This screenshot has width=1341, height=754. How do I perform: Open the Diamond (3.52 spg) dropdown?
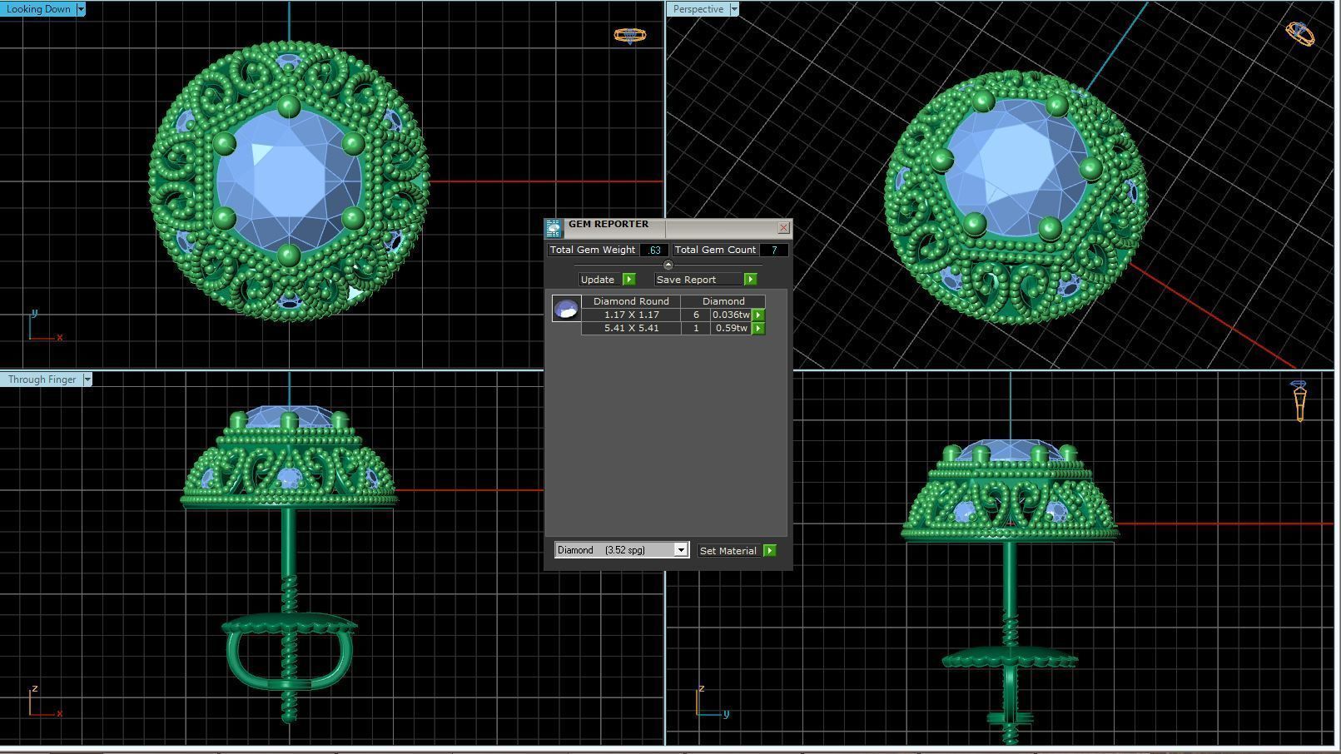(680, 550)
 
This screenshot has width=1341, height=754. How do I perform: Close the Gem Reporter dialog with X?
(783, 227)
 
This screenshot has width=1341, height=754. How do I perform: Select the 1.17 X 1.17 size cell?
(631, 315)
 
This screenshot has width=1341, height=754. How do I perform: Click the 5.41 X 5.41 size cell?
(631, 328)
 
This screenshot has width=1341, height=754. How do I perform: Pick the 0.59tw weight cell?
(731, 328)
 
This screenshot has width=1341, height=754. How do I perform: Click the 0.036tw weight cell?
(731, 315)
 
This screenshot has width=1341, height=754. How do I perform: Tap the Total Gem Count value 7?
(774, 250)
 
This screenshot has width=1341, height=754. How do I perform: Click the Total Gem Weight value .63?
(654, 250)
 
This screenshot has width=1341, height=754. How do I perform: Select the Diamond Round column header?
(630, 301)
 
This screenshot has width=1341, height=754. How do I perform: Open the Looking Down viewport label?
(39, 9)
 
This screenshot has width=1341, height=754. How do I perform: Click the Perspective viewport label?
(698, 9)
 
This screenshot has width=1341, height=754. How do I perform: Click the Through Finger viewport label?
(42, 379)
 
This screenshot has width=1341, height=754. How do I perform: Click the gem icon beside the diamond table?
(566, 309)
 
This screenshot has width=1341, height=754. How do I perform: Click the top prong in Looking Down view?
(289, 107)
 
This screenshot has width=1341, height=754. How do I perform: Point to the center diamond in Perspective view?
(1015, 162)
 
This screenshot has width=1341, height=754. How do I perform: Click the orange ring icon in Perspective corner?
(1299, 33)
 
